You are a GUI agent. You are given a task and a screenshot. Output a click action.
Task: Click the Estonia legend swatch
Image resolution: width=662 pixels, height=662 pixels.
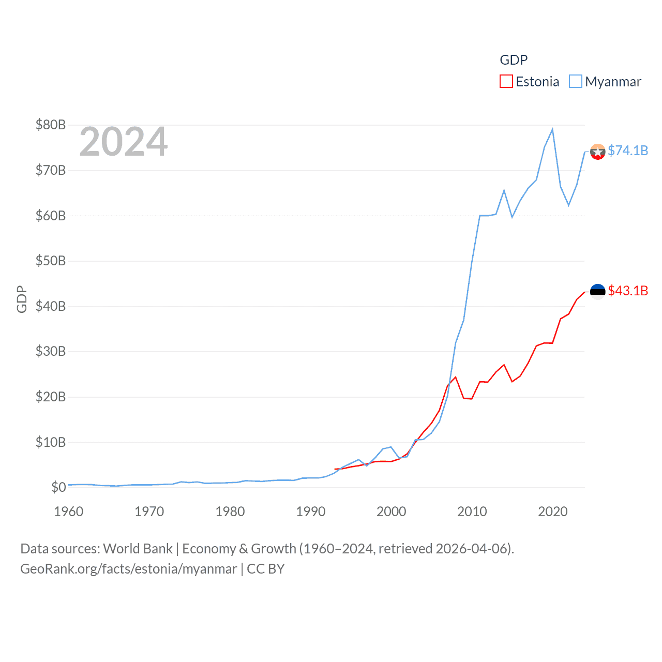(x=506, y=82)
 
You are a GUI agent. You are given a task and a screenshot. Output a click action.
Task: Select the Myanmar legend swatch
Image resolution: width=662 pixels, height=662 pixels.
(x=575, y=82)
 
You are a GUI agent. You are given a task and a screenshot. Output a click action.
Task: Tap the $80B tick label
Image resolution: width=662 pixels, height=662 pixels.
(x=51, y=125)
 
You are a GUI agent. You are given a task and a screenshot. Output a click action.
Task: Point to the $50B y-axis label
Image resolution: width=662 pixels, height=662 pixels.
(x=51, y=261)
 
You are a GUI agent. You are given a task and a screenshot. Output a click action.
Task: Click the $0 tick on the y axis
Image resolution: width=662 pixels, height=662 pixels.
(x=58, y=487)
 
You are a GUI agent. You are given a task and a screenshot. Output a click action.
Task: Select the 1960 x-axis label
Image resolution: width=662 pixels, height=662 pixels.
(x=69, y=511)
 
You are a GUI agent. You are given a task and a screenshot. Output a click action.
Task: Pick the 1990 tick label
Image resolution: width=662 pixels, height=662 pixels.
(x=311, y=511)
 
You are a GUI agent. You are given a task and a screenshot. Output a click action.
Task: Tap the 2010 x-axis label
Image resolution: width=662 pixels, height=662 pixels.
(x=472, y=511)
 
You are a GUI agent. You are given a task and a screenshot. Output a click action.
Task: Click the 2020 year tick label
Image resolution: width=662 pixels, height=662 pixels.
(x=553, y=511)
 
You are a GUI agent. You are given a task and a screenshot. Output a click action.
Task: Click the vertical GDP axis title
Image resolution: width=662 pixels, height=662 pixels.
(x=22, y=299)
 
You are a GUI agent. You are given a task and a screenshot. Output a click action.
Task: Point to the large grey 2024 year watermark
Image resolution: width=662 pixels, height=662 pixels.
(x=124, y=142)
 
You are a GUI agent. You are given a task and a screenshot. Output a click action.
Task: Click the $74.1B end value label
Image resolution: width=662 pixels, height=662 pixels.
(x=628, y=151)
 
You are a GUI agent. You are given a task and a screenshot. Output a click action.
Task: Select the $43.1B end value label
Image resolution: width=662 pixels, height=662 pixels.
(x=628, y=291)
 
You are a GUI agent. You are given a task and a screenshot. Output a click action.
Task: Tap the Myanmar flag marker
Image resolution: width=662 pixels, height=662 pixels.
(x=598, y=152)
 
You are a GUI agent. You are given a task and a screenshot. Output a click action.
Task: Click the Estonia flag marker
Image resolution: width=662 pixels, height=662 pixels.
(x=598, y=292)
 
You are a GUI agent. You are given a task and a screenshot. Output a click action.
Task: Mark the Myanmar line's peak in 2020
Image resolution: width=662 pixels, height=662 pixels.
(x=552, y=129)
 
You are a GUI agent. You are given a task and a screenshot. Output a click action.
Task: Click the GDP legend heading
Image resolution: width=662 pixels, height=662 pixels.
(x=514, y=60)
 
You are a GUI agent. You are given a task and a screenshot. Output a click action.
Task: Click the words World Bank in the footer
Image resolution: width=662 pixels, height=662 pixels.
(x=138, y=549)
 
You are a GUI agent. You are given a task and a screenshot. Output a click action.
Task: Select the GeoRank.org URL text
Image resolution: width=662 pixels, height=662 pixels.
(x=128, y=569)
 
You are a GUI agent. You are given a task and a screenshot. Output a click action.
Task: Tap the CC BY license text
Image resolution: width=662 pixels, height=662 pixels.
(x=266, y=569)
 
